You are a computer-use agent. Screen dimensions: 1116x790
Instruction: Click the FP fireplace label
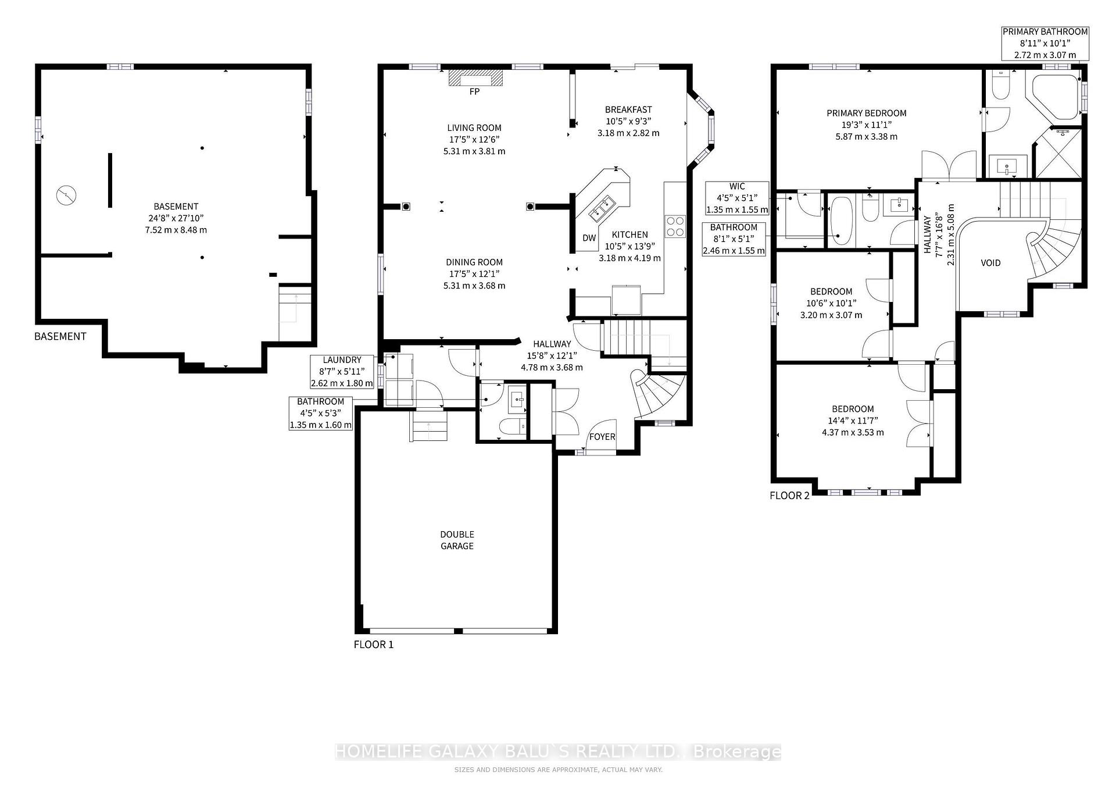point(474,92)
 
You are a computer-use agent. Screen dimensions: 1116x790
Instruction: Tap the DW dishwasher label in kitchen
point(589,238)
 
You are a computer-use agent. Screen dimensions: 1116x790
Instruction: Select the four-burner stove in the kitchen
point(675,226)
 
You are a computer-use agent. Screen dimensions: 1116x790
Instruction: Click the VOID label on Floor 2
point(990,263)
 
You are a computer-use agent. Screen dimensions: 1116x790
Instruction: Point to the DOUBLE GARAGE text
point(457,540)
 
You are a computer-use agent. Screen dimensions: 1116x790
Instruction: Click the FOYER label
point(602,437)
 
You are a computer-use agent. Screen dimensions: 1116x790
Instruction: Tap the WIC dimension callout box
point(737,198)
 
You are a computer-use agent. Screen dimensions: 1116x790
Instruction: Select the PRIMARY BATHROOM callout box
point(1045,43)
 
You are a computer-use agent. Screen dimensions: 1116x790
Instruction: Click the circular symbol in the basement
point(66,195)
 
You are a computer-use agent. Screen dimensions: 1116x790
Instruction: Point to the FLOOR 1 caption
point(374,645)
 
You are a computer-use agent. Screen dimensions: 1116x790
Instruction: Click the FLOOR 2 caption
point(789,496)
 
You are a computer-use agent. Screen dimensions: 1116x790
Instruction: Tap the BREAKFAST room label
point(628,109)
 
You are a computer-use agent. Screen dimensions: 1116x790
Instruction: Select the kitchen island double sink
point(602,208)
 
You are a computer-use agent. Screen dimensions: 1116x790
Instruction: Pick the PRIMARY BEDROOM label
point(867,113)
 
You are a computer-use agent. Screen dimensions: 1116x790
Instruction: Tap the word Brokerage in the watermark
point(738,752)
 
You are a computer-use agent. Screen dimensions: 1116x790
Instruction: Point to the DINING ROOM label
point(474,262)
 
